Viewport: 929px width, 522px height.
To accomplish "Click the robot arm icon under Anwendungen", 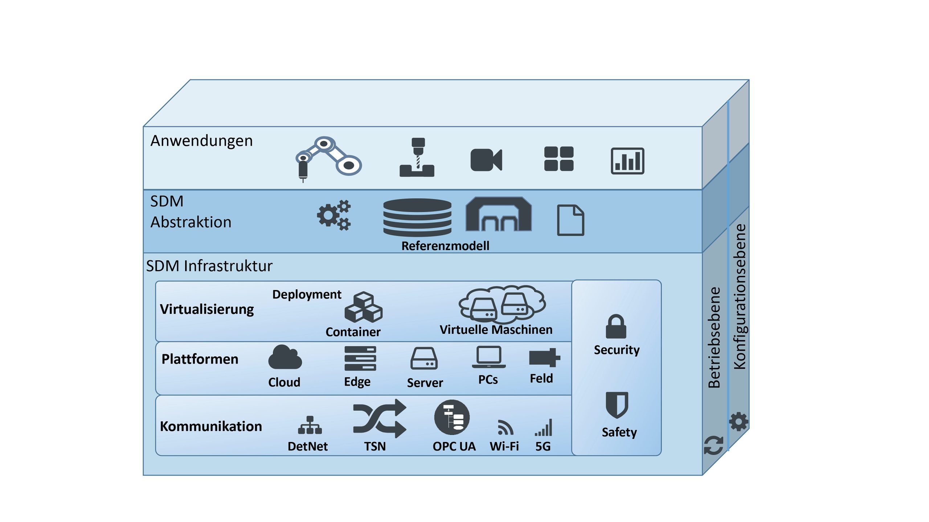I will coord(328,158).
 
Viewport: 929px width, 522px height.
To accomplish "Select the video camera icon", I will coord(486,159).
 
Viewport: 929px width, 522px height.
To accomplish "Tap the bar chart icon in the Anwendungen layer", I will coord(627,161).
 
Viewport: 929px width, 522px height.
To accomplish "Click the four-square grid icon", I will coord(558,159).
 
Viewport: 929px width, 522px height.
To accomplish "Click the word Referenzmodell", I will coord(445,246).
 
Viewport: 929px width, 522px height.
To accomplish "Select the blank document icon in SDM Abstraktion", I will coord(570,220).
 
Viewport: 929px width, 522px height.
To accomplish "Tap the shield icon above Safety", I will coord(617,405).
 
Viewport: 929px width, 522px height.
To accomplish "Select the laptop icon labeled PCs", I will coord(488,357).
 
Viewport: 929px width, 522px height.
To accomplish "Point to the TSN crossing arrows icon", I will coord(380,418).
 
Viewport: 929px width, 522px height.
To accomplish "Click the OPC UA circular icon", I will coord(452,417).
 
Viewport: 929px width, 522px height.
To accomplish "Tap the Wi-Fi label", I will coord(504,446).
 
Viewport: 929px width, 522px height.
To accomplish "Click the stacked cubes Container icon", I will coord(363,307).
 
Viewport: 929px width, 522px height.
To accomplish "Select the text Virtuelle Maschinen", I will coord(496,330).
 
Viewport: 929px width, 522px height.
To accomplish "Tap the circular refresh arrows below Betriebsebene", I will coord(713,445).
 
